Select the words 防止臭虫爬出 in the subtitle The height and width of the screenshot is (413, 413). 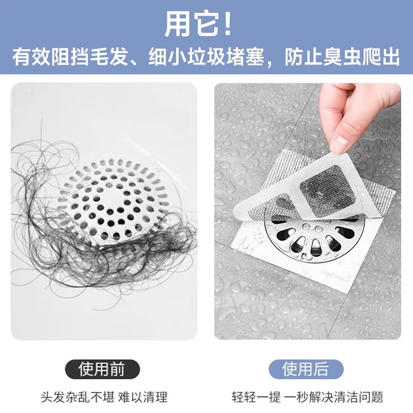click(343, 57)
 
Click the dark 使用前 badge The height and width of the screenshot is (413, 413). click(102, 370)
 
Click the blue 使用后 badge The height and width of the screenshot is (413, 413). click(306, 370)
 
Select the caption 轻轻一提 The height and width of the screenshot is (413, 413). click(256, 398)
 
